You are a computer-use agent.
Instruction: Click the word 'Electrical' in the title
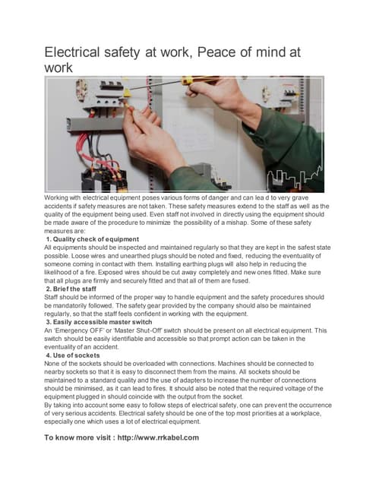pos(79,52)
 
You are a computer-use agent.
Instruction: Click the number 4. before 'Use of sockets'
pos(49,355)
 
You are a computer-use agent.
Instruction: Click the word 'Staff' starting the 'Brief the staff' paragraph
pos(52,298)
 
